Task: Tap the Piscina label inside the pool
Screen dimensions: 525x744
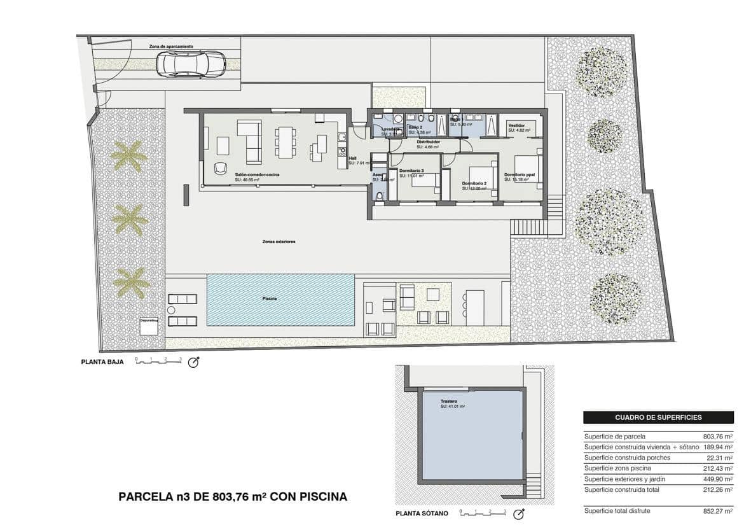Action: [270, 298]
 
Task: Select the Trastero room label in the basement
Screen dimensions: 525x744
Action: [450, 402]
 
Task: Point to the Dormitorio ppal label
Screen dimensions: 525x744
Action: [520, 174]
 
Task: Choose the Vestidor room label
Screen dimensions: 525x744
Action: [516, 126]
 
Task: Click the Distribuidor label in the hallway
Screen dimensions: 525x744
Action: [429, 142]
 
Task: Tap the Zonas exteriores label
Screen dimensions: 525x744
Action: [279, 242]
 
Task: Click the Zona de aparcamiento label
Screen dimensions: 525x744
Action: [171, 46]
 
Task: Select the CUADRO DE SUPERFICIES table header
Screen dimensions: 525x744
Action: [658, 417]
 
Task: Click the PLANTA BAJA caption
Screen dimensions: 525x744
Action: [102, 361]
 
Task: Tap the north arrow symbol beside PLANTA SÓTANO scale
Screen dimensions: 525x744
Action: [519, 513]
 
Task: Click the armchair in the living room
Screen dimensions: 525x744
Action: [220, 167]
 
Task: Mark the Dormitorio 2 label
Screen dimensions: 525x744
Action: [474, 184]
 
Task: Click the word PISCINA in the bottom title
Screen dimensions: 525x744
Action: [320, 496]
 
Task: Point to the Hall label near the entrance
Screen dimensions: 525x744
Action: [352, 158]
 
